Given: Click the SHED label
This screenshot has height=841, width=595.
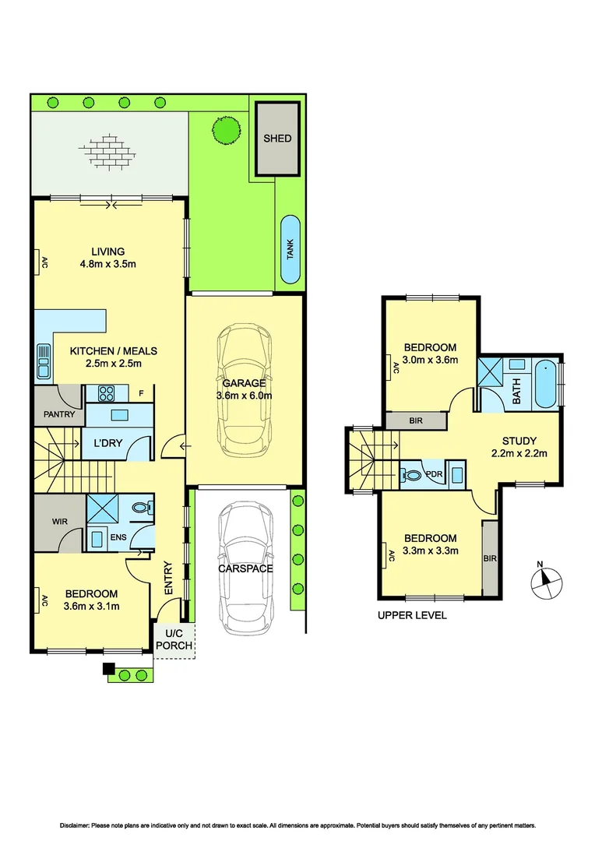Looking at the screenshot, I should pos(277,139).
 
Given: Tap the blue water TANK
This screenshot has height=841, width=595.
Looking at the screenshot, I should pos(290,249).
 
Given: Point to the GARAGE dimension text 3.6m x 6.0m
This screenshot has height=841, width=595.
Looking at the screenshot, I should pos(244,396).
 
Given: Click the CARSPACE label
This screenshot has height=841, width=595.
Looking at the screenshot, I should pos(245,568).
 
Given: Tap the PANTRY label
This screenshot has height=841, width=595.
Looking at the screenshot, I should pos(58,414).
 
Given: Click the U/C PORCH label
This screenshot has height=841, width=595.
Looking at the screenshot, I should pos(173,641).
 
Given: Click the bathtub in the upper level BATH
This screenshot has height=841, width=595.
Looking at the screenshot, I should pos(547,383).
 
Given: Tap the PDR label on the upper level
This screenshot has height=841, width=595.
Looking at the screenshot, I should pos(435,473).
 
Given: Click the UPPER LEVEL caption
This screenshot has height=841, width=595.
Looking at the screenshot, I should pos(412,615).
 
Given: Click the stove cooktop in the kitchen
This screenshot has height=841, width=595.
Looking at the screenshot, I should pos(104,392).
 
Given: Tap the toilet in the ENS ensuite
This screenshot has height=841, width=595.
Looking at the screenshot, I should pos(142,507).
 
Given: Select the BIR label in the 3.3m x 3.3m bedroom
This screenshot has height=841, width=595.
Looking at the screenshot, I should pos(489,558).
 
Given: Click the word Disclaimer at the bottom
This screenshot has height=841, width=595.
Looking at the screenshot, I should pos(77,825).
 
